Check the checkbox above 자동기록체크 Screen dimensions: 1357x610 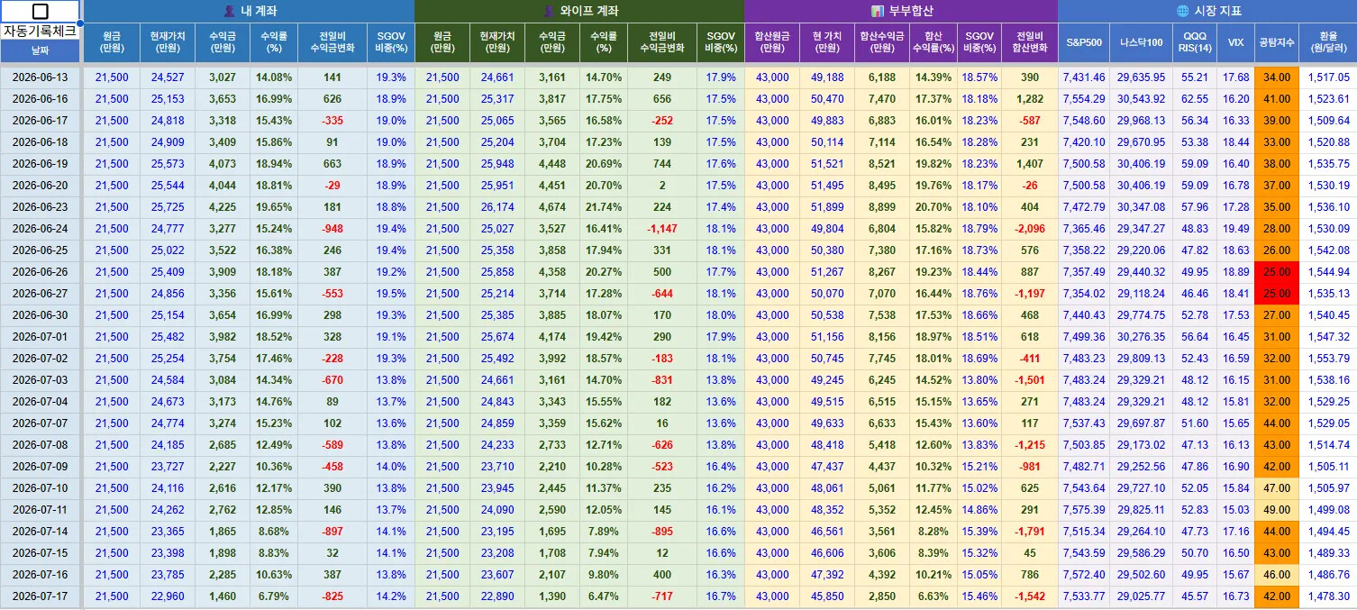click(x=40, y=11)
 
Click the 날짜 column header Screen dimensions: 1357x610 click(x=40, y=50)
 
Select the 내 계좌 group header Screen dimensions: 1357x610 click(x=250, y=11)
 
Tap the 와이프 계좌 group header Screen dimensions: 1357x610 click(x=581, y=11)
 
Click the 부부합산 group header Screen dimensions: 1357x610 click(x=902, y=11)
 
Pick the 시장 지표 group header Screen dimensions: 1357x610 click(x=1209, y=11)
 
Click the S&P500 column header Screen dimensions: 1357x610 click(x=1084, y=42)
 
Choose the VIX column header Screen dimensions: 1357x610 click(x=1236, y=42)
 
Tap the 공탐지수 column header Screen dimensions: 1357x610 click(x=1277, y=42)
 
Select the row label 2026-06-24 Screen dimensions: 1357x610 click(x=40, y=229)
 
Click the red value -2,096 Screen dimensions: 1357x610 click(x=1029, y=229)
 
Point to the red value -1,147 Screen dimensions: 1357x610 click(x=662, y=229)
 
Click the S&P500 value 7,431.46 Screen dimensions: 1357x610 click(x=1084, y=77)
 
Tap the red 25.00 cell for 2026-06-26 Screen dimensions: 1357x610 click(x=1277, y=272)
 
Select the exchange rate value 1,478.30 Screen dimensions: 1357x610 click(x=1328, y=596)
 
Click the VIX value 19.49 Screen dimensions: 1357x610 click(x=1236, y=229)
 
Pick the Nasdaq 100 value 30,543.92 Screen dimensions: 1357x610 click(x=1142, y=99)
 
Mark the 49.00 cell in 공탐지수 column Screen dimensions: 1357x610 click(x=1277, y=510)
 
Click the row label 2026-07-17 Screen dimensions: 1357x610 click(x=40, y=596)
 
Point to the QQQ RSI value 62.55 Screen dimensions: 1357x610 click(x=1195, y=99)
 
